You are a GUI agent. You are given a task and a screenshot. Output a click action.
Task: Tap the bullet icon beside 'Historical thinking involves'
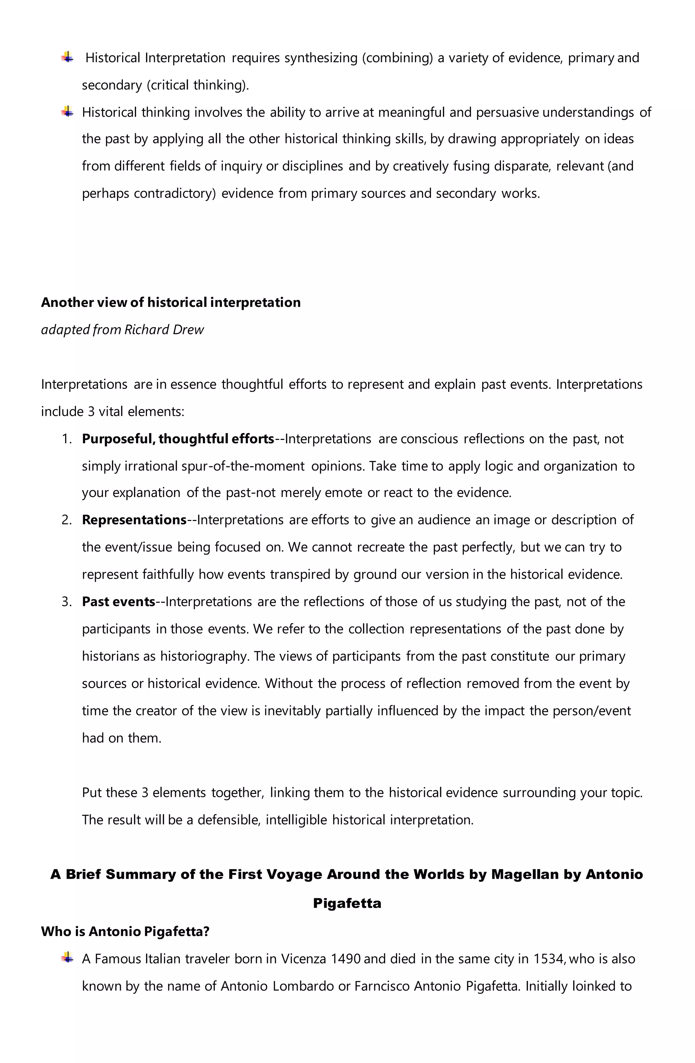click(68, 112)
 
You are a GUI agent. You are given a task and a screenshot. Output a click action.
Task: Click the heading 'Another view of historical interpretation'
click(171, 302)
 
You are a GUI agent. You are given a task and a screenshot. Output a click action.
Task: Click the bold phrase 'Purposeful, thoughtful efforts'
click(178, 439)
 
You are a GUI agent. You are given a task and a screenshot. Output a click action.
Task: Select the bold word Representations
click(134, 520)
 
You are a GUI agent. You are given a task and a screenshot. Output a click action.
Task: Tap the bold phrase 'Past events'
click(118, 602)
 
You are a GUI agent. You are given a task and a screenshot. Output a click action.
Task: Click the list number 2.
click(67, 520)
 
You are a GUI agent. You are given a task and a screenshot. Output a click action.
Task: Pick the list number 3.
click(67, 602)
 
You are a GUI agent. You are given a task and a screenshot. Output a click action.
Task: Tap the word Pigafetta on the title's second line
click(347, 903)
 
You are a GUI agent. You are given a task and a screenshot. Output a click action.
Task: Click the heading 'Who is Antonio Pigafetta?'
click(125, 932)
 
